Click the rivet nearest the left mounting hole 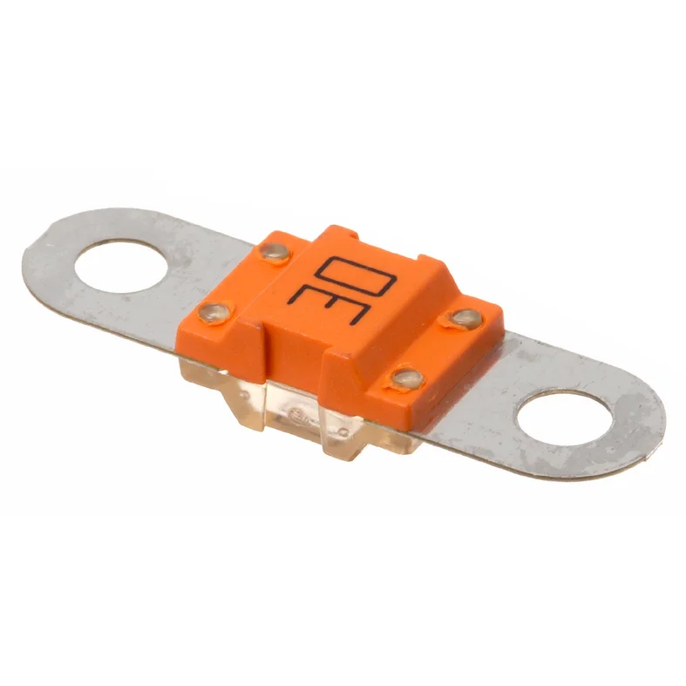[x=213, y=310]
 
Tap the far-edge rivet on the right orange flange [x=465, y=318]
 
